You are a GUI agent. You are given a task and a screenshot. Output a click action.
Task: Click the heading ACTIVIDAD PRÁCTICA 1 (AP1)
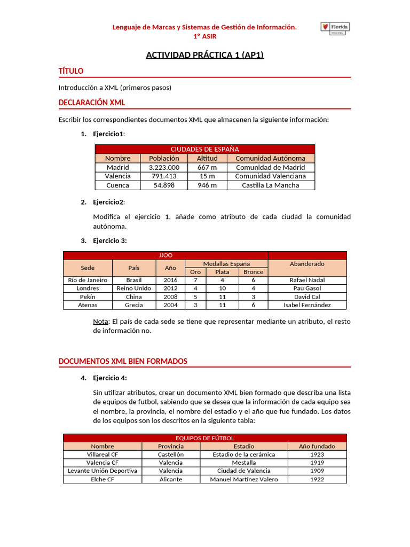tap(205, 55)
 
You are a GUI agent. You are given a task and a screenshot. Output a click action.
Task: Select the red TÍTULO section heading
tap(70, 71)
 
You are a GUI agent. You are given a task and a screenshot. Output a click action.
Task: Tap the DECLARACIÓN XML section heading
tap(92, 103)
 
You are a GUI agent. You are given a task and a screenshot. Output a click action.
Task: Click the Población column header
tap(164, 158)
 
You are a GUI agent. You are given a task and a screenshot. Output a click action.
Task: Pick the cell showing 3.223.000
tap(164, 167)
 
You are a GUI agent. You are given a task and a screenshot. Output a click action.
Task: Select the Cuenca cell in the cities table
tap(118, 185)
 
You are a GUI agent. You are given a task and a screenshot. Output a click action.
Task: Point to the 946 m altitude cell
tap(207, 185)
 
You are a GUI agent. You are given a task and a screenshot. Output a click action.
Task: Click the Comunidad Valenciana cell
tap(271, 176)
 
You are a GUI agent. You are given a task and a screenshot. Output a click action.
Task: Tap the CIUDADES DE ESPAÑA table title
tap(204, 149)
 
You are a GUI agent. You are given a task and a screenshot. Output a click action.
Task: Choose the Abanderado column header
tap(307, 264)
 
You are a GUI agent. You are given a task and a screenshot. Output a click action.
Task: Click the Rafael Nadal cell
tap(307, 280)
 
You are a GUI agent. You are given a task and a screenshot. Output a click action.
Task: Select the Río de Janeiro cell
tap(88, 280)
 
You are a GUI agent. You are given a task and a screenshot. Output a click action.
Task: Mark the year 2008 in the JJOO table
tap(171, 297)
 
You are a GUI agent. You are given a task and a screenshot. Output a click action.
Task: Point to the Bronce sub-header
tap(253, 272)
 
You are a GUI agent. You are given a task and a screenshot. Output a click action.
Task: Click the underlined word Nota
tap(100, 322)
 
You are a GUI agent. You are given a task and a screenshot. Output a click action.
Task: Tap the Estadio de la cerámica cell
tap(244, 455)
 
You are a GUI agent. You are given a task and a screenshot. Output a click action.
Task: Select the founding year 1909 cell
tap(317, 471)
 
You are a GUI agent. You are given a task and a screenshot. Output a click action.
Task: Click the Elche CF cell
tap(102, 480)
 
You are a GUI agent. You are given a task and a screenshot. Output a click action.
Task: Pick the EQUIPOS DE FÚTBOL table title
tap(205, 438)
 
